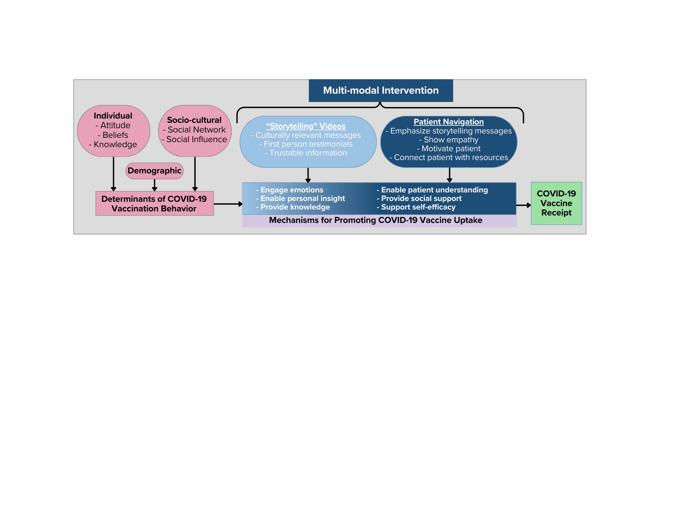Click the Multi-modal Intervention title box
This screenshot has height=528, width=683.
pyautogui.click(x=381, y=90)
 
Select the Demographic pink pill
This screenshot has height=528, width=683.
pyautogui.click(x=154, y=171)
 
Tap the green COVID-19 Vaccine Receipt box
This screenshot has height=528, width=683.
pyautogui.click(x=556, y=203)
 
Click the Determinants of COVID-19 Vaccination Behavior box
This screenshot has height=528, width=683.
pyautogui.click(x=154, y=204)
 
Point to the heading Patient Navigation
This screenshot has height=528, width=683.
pyautogui.click(x=449, y=122)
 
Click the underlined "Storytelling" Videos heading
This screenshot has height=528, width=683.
pyautogui.click(x=306, y=126)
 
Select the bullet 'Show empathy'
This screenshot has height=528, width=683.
pyautogui.click(x=449, y=139)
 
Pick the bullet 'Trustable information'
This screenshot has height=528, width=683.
pyautogui.click(x=306, y=153)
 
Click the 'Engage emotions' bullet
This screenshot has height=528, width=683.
pyautogui.click(x=290, y=190)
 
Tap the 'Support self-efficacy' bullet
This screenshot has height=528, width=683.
pyautogui.click(x=416, y=207)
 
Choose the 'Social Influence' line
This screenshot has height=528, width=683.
pyautogui.click(x=195, y=139)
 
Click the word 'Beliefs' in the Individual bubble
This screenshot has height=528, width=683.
pyautogui.click(x=113, y=135)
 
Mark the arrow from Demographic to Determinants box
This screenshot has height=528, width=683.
pyautogui.click(x=154, y=185)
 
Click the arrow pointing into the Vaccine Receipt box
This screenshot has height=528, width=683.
pyautogui.click(x=523, y=205)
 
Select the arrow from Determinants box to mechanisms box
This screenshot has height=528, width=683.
pyautogui.click(x=228, y=204)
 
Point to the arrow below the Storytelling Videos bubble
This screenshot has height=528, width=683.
pyautogui.click(x=308, y=175)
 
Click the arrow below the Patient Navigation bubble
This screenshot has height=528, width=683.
pyautogui.click(x=449, y=175)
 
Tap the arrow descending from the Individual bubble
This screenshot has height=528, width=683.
pyautogui.click(x=113, y=174)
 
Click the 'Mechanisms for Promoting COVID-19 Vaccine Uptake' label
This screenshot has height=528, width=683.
pyautogui.click(x=375, y=220)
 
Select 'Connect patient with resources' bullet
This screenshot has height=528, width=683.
pyautogui.click(x=449, y=157)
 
